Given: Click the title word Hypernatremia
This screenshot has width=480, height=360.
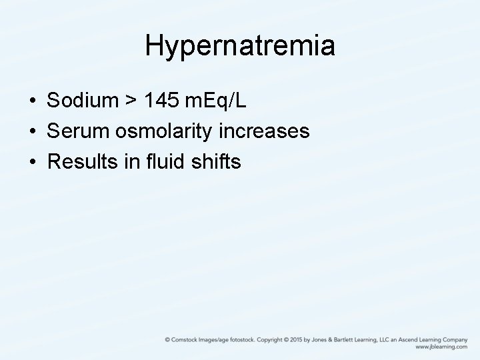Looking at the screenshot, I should (240, 45).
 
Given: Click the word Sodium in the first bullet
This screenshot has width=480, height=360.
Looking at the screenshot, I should (81, 101).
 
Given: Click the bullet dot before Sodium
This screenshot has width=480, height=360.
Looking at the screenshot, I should (32, 102).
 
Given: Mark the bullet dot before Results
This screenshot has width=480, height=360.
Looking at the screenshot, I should (32, 161).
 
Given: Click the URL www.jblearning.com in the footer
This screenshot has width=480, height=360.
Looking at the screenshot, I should (441, 347).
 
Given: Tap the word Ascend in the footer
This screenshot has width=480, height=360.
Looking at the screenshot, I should (407, 339).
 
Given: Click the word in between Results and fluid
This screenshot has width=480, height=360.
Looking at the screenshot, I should (129, 161).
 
